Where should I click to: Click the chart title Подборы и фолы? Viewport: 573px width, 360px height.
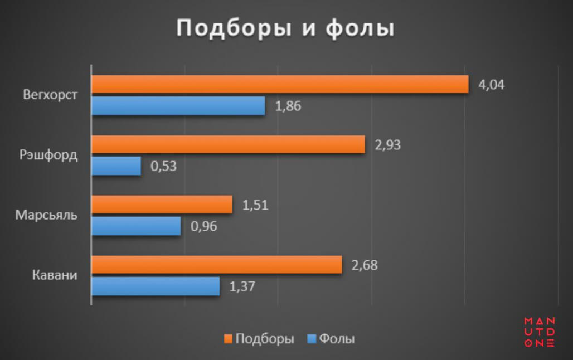285,28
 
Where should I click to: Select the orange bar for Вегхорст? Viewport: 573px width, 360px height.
280,84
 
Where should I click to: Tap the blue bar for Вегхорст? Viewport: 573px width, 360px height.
178,106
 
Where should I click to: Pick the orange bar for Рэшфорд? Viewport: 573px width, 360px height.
228,144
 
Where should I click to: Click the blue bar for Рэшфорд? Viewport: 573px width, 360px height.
116,166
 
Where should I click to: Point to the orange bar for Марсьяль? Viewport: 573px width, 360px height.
162,205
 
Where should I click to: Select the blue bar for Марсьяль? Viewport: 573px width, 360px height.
136,226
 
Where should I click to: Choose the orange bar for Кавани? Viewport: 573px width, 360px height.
216,265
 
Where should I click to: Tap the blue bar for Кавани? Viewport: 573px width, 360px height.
156,286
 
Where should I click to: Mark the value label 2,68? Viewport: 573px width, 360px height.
365,265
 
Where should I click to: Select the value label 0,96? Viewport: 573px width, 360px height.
203,226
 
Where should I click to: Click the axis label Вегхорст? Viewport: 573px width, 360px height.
50,94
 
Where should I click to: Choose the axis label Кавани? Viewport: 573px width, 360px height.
55,275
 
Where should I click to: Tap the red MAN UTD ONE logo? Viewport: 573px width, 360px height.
539,332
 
